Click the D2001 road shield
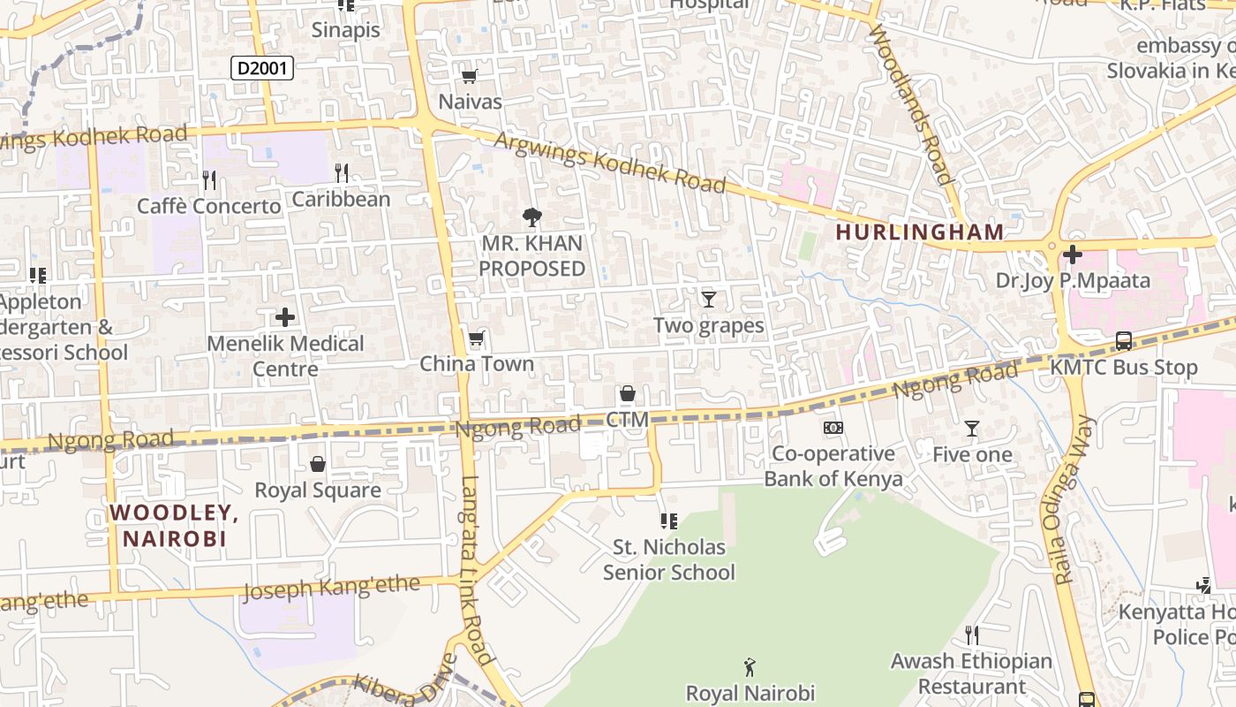coord(262,68)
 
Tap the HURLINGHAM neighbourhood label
coord(919,232)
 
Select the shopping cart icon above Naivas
coord(470,77)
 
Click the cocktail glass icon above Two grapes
coord(708,300)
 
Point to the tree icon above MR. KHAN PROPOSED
coord(531,217)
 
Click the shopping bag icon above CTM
coord(627,393)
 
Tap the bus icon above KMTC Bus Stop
coord(1123,341)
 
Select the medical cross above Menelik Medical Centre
coord(285,316)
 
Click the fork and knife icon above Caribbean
coord(342,173)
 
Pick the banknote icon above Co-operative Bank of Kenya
coord(833,429)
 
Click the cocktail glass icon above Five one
coord(972,429)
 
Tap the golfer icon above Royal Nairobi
coord(750,666)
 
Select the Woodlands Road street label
coord(913,104)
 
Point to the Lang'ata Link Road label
coord(477,570)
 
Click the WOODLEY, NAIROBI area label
coord(174,525)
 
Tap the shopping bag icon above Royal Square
coord(318,464)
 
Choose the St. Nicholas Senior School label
coord(668,560)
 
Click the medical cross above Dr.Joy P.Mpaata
coord(1073,255)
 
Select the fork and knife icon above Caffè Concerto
coord(209,180)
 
